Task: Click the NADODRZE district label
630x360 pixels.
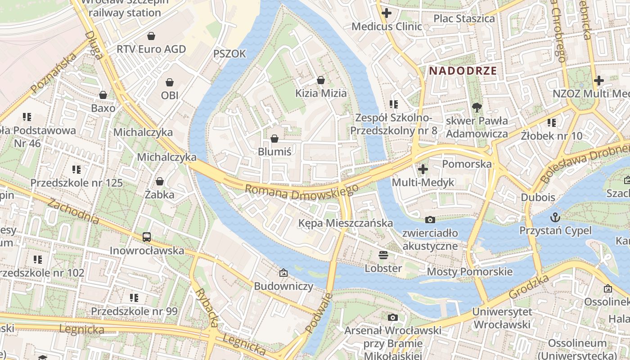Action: pyautogui.click(x=463, y=71)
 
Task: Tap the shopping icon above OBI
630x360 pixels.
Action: pyautogui.click(x=170, y=82)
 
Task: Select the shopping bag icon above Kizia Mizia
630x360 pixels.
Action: pyautogui.click(x=321, y=80)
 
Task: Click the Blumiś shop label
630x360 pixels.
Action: pyautogui.click(x=274, y=152)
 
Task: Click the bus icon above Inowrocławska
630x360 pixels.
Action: pyautogui.click(x=147, y=237)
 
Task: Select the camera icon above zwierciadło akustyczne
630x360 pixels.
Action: pyautogui.click(x=430, y=220)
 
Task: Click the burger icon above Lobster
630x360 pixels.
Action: pyautogui.click(x=383, y=255)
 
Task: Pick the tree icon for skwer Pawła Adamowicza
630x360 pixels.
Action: pyautogui.click(x=477, y=108)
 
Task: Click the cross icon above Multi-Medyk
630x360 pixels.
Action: pyautogui.click(x=423, y=169)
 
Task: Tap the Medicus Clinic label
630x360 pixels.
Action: pyautogui.click(x=387, y=26)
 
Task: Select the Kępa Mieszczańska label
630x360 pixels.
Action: pyautogui.click(x=346, y=223)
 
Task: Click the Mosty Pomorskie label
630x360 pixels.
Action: pyautogui.click(x=469, y=271)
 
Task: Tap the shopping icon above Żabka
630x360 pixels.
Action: pyautogui.click(x=159, y=181)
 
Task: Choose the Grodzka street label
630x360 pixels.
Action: pyautogui.click(x=530, y=286)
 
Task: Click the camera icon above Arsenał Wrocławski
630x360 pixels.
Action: pyautogui.click(x=393, y=317)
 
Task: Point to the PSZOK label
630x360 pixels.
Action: pyautogui.click(x=229, y=54)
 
